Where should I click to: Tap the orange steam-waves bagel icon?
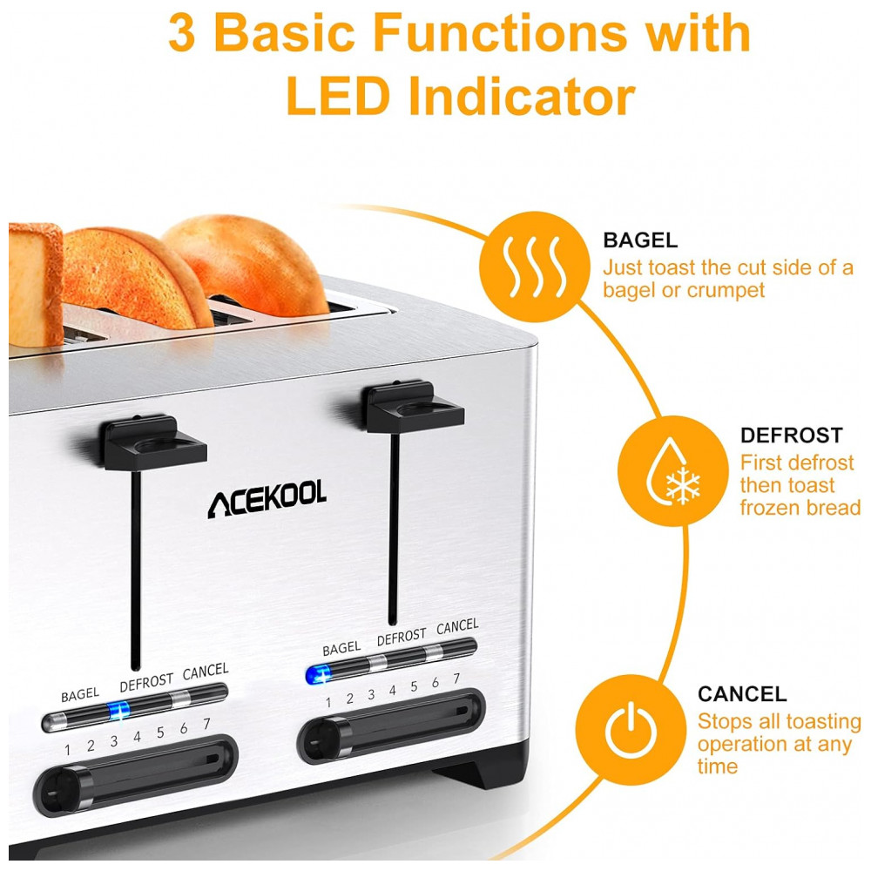tap(535, 267)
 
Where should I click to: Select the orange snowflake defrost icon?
tap(672, 470)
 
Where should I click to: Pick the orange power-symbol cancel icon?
tap(631, 729)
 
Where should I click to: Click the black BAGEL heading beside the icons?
tap(640, 240)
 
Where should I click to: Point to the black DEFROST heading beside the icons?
tap(792, 435)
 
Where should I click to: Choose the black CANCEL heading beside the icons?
tap(742, 694)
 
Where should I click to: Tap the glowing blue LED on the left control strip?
tap(118, 711)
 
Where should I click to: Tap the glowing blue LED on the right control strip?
tap(318, 675)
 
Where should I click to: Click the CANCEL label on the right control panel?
tap(457, 627)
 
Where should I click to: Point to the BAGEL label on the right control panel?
tap(341, 648)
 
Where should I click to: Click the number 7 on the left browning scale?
tap(206, 724)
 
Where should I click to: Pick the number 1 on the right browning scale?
tap(328, 703)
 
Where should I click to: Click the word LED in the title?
tap(338, 96)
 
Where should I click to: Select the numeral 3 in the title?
tap(182, 33)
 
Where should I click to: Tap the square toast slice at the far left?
tap(36, 284)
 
